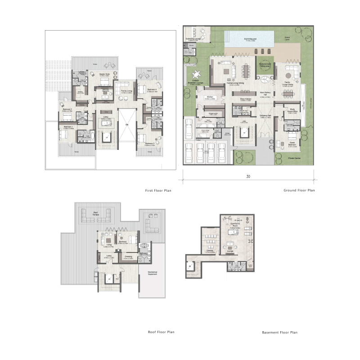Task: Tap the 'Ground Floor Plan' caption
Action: coord(299,190)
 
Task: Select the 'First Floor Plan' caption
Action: coord(158,191)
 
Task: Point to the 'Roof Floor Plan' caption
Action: coord(161,332)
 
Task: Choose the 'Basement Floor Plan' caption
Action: coord(279,333)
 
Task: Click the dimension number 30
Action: coord(248,176)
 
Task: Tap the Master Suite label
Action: coord(105,75)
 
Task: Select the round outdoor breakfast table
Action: coord(197,75)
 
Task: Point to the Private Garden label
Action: coord(295,158)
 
